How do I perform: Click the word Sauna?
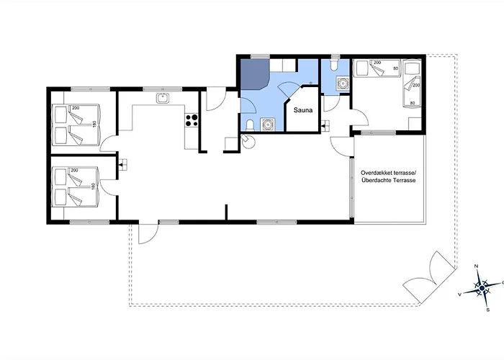tap(302, 112)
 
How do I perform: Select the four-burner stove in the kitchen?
tap(192, 120)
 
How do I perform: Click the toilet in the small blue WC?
tap(333, 67)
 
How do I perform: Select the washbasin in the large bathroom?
tap(268, 125)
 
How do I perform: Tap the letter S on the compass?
tap(487, 310)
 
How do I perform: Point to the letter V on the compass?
tap(459, 294)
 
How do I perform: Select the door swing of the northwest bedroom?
tap(108, 143)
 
